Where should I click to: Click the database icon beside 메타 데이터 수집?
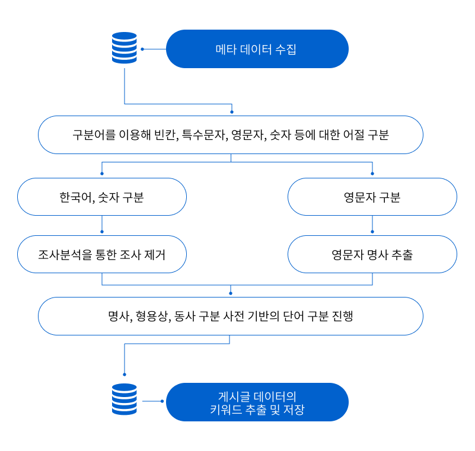(x=125, y=48)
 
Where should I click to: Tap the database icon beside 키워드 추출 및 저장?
(x=125, y=399)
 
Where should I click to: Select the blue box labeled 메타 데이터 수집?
(x=257, y=49)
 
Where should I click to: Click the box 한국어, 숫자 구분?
(x=102, y=197)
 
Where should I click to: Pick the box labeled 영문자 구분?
(x=372, y=197)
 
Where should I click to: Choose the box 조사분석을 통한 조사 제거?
(x=102, y=255)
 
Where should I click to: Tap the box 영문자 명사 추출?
(x=372, y=255)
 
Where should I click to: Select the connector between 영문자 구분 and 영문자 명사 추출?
(x=372, y=225)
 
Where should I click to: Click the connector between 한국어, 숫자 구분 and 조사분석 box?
(x=102, y=225)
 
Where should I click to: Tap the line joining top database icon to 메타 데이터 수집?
(x=152, y=49)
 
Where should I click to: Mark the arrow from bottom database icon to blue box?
(x=152, y=401)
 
